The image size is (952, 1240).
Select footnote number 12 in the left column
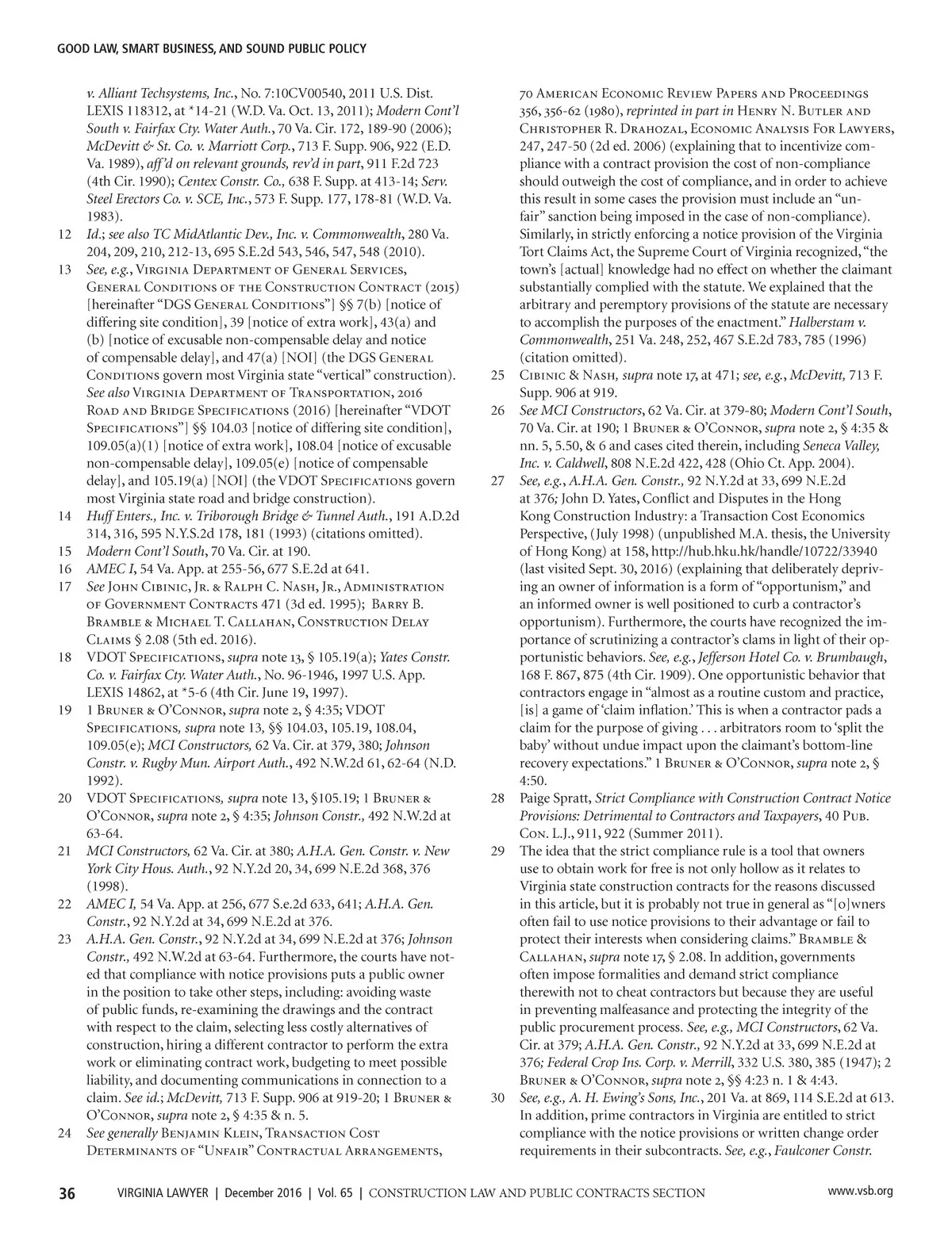coord(65,235)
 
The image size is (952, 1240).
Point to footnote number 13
coord(65,270)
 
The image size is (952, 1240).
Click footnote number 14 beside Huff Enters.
coord(65,517)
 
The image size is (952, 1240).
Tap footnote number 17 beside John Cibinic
coord(65,587)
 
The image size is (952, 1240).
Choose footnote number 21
coord(65,852)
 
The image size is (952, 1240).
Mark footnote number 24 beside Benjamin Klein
coord(65,1133)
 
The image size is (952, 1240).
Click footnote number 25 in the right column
coord(497,375)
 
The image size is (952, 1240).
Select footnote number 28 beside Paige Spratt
coord(497,798)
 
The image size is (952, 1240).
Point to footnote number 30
coord(497,1098)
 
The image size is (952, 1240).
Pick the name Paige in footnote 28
coord(535,798)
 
